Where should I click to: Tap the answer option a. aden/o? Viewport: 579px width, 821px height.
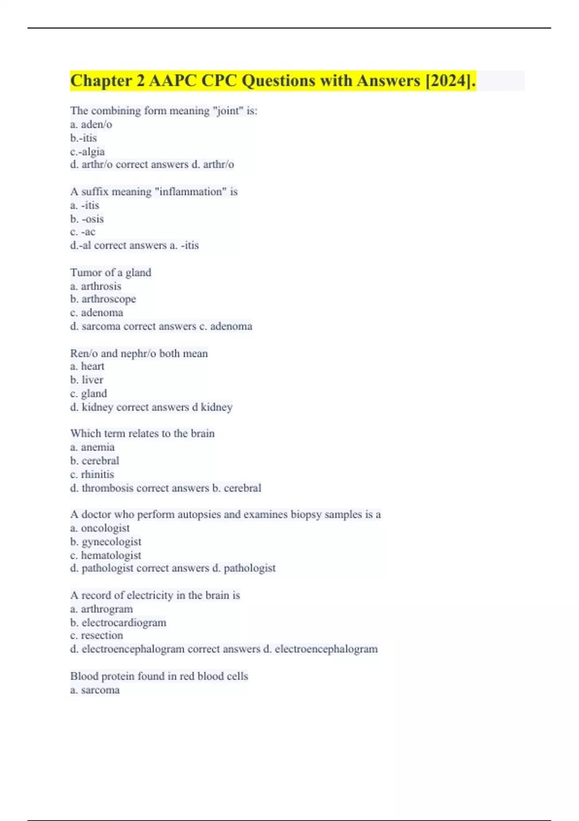(91, 125)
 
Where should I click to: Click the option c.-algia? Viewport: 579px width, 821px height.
(87, 152)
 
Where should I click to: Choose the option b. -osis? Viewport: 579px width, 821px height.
(87, 219)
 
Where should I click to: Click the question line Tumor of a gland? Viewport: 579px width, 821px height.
(110, 272)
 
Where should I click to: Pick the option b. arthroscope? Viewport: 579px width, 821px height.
(103, 299)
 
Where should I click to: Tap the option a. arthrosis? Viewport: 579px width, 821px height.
(96, 286)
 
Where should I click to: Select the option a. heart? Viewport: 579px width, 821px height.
(87, 366)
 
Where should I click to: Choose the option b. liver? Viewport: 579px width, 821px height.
(87, 380)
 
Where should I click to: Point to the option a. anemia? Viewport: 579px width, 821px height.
(92, 447)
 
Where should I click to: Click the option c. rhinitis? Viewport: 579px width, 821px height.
(92, 474)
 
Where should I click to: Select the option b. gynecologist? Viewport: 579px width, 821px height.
(106, 541)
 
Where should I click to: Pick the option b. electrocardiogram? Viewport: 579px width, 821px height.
(118, 623)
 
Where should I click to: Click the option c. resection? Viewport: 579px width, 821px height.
(96, 635)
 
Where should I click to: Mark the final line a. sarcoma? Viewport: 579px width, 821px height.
(95, 690)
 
